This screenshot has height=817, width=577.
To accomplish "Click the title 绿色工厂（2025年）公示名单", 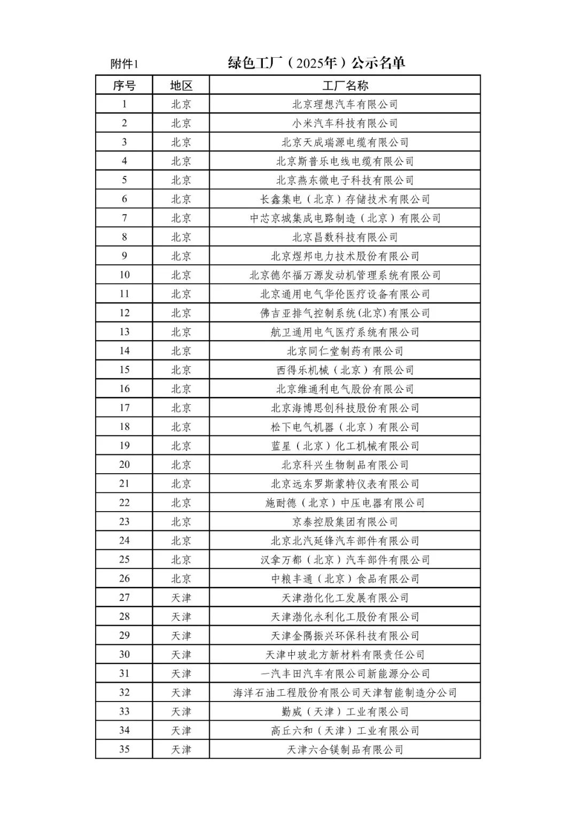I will (316, 63).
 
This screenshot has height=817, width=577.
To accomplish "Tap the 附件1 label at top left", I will (124, 64).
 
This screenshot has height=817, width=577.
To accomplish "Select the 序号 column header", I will (124, 86).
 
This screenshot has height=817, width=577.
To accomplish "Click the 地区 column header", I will (181, 86).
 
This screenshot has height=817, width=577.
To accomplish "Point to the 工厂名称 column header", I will (345, 86).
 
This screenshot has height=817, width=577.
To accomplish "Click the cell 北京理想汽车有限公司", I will (345, 104).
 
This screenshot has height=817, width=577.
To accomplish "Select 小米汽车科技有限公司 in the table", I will (345, 124).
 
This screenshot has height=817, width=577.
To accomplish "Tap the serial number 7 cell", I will (124, 218).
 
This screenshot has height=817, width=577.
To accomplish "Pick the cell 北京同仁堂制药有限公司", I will (345, 351).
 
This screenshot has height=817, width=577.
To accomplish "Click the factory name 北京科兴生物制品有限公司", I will (345, 465).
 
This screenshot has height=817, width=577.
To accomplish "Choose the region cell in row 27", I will (181, 598).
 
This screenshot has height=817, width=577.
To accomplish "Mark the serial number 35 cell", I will (124, 749).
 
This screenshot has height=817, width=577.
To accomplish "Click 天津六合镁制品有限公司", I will (345, 750).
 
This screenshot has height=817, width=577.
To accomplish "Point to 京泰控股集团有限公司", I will (345, 522).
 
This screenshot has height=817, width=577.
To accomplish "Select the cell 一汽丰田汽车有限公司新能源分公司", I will (345, 674).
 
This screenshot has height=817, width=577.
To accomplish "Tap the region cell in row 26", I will (181, 579).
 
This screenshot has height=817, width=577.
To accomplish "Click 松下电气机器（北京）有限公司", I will (345, 427).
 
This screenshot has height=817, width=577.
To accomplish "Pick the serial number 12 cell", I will (124, 313).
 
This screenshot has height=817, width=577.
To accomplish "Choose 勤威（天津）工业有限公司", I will (345, 712).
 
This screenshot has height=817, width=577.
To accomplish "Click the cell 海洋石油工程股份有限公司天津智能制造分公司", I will (345, 692).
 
